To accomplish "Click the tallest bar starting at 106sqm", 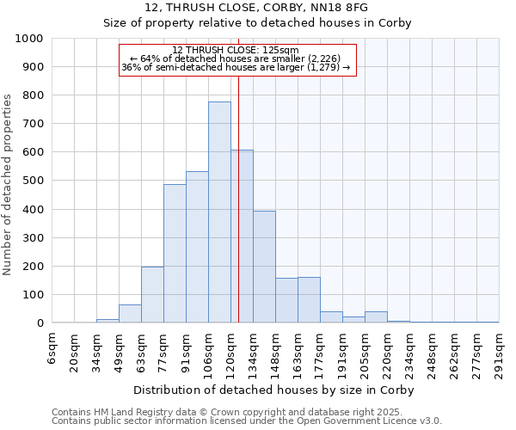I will point(219,212).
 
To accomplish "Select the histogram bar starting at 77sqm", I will point(175,254).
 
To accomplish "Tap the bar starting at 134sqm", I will point(264,267).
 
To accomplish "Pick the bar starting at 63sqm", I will point(152,295).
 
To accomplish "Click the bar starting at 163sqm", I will point(309,300).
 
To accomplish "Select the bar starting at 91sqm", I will point(197,248).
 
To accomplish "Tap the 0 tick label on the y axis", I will point(40,323).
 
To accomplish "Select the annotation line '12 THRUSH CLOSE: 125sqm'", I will point(236,50).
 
